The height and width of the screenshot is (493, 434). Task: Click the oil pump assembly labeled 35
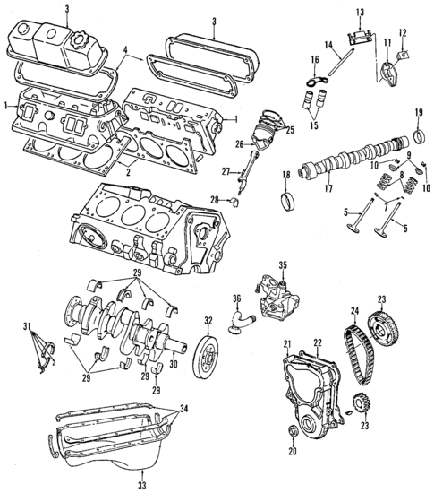click(x=272, y=297)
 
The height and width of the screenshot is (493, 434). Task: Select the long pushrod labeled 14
click(x=334, y=67)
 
